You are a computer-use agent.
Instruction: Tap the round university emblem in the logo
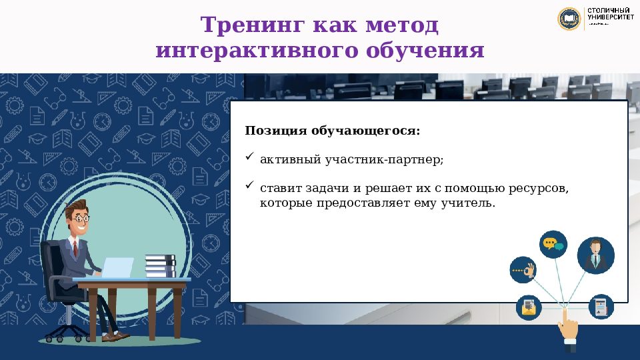pos(569,18)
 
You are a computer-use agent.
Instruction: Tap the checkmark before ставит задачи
pos(249,185)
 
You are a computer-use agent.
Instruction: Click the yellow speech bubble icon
pos(553,244)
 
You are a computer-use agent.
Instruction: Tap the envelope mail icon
pos(529,307)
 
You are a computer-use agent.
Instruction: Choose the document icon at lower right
pos(601,306)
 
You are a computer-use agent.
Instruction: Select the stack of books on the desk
pos(159,266)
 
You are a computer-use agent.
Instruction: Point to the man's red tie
pos(76,249)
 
